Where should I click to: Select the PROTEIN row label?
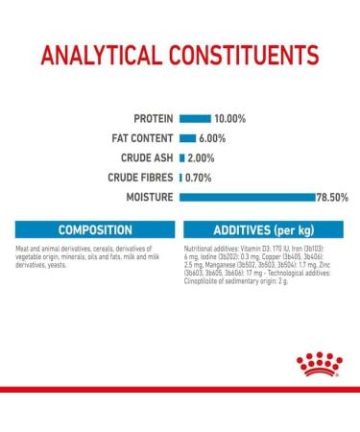click(x=153, y=118)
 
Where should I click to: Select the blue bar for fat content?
click(x=188, y=137)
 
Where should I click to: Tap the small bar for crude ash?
click(x=182, y=157)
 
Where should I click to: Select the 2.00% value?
click(x=202, y=157)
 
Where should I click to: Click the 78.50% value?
click(x=329, y=197)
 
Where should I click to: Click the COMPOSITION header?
click(x=94, y=230)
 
